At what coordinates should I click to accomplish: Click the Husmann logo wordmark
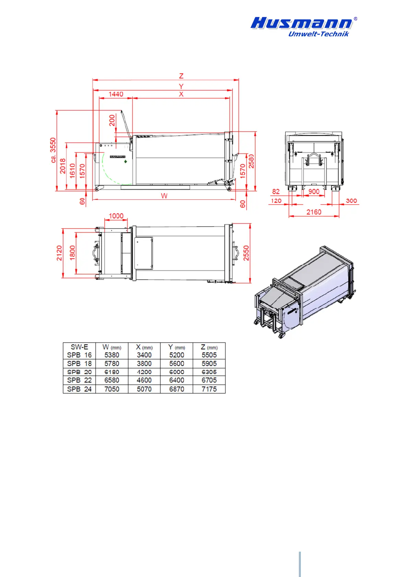(301, 23)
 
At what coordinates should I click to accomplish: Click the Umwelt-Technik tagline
(318, 34)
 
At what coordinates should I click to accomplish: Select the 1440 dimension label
(116, 94)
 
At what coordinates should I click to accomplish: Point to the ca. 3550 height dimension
(53, 150)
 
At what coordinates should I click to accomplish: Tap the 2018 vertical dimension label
(63, 166)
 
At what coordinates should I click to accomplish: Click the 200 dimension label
(112, 120)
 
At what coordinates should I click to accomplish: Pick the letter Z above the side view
(181, 76)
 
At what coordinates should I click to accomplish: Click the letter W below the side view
(164, 196)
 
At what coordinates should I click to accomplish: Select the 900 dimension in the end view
(314, 192)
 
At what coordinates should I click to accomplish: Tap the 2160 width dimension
(314, 212)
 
